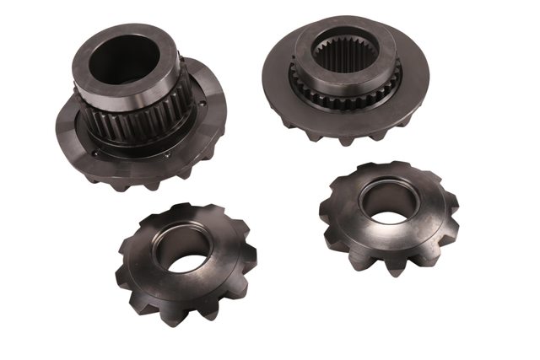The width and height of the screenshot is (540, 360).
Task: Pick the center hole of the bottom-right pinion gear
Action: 386,206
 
